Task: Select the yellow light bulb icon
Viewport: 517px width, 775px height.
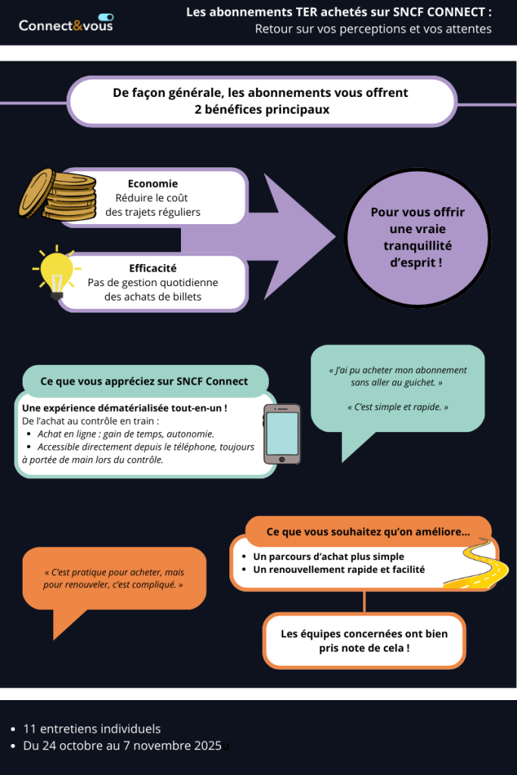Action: [x=55, y=273]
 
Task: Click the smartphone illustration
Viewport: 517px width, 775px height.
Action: [x=282, y=434]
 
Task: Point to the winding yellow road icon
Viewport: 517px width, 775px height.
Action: [x=476, y=565]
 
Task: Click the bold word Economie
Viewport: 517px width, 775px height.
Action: [x=153, y=183]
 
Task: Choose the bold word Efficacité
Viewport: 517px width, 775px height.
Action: [x=153, y=268]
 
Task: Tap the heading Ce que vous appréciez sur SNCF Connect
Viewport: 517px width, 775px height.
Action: [x=144, y=381]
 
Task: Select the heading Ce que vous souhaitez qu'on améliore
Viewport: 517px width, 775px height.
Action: [x=368, y=531]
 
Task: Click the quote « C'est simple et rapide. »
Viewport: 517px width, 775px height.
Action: [x=397, y=407]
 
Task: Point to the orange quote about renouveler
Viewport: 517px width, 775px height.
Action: [x=114, y=579]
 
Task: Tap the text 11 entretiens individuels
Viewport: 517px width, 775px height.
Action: [x=92, y=729]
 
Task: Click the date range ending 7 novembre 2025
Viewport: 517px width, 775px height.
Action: [x=122, y=745]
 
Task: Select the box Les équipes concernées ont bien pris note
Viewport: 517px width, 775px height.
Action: [x=364, y=641]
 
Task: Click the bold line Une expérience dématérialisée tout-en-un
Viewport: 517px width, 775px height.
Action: [x=125, y=408]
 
